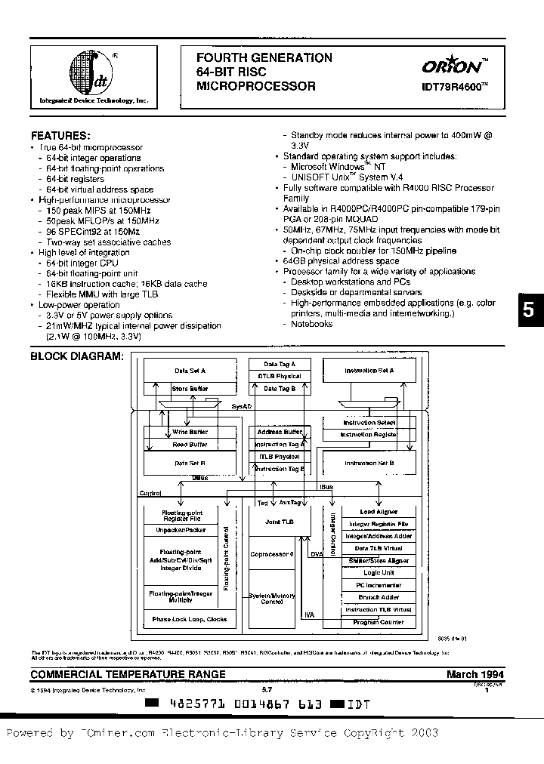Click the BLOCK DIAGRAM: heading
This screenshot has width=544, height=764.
(x=76, y=357)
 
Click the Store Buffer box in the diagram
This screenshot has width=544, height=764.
(x=190, y=389)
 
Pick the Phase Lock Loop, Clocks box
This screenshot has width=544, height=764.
(x=190, y=619)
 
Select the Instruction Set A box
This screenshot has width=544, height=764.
(x=369, y=371)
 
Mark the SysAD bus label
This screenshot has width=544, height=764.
(x=241, y=407)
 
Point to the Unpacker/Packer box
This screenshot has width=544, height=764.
(x=181, y=530)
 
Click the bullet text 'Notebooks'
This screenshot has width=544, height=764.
(x=312, y=324)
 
